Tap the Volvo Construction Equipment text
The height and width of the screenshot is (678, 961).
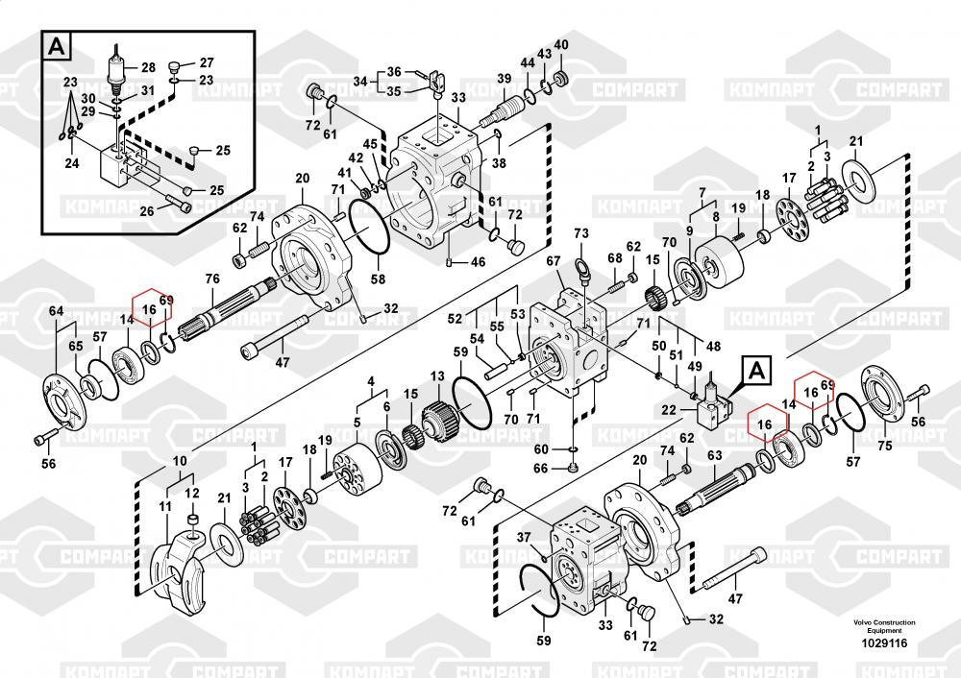[884, 627]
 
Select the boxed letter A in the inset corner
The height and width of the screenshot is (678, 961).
[59, 45]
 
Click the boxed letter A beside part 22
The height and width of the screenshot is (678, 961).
[756, 368]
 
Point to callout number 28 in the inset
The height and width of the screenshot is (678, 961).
[147, 68]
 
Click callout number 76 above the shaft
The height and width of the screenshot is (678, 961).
[212, 279]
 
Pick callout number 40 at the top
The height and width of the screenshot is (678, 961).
[561, 45]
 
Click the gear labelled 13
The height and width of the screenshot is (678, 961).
[439, 424]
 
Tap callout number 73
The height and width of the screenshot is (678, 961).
[580, 233]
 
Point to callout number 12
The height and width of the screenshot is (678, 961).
[192, 494]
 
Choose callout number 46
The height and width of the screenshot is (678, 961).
[478, 261]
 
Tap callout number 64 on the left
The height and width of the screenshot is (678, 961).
[56, 310]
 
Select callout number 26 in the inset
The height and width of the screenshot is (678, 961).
[147, 211]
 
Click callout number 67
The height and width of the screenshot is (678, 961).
[553, 261]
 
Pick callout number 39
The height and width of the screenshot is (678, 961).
[504, 78]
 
